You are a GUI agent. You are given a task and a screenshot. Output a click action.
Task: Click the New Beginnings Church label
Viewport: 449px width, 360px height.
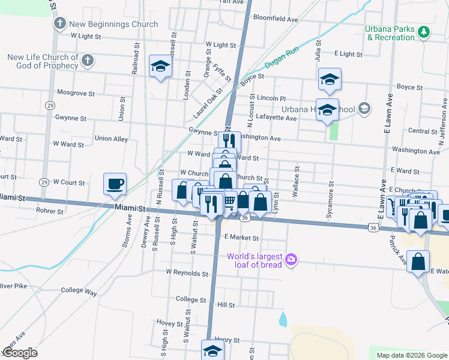113,25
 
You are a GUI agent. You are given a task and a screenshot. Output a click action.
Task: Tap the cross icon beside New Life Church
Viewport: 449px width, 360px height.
88,60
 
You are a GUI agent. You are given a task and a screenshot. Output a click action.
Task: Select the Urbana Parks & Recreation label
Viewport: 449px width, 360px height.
391,33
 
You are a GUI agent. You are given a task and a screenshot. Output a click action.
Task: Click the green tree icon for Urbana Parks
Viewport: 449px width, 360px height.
424,32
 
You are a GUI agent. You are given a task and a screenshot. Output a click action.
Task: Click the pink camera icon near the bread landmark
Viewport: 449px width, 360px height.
291,260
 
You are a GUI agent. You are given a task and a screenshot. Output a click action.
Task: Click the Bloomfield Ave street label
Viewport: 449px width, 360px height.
276,19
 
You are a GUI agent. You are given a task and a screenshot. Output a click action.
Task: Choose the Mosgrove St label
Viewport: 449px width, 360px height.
75,94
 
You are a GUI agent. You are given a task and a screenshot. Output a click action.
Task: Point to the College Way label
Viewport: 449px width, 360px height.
79,292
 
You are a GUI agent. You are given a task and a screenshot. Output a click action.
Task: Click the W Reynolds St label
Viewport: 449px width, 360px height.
187,273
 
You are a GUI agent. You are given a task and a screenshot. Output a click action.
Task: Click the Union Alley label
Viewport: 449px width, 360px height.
111,139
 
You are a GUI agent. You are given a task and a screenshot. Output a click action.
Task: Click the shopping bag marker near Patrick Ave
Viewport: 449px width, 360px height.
418,261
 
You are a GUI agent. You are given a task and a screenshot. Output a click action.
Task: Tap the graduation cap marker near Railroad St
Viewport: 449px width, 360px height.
160,67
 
